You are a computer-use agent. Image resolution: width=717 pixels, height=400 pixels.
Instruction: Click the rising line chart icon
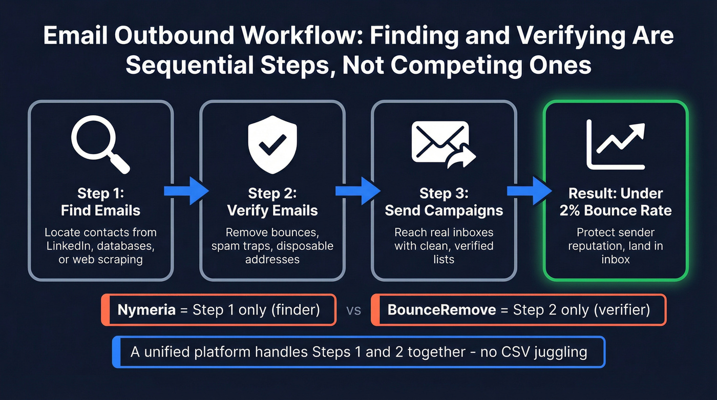pos(615,144)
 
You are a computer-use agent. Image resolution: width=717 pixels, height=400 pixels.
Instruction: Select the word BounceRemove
pos(441,310)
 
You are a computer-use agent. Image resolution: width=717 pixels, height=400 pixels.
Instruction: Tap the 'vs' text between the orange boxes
pos(354,310)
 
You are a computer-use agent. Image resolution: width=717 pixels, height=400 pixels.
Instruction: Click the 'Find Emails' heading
pos(100,210)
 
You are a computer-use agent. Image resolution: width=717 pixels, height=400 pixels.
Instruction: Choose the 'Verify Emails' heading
pos(272,210)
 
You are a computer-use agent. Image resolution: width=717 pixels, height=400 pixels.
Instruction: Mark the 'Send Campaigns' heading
pos(444,210)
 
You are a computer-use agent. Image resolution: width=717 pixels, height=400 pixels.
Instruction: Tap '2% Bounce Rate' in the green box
pos(616,210)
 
